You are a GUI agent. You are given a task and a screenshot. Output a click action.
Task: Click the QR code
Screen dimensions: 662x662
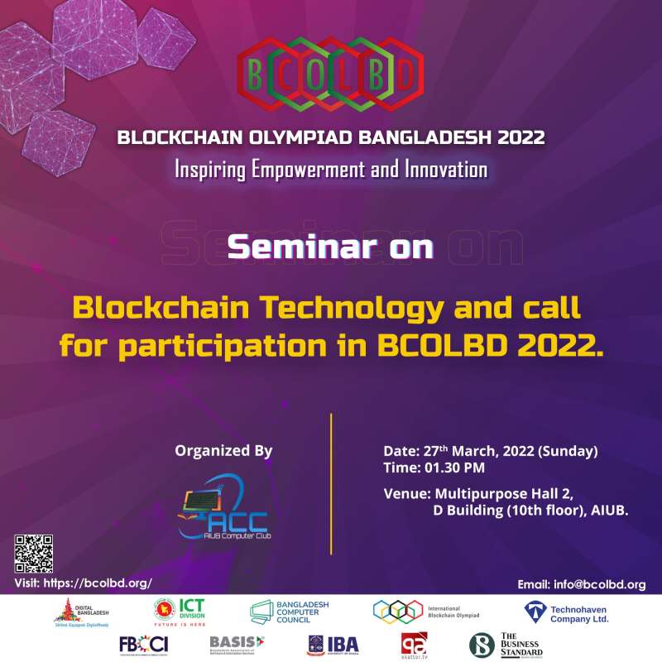click(x=33, y=554)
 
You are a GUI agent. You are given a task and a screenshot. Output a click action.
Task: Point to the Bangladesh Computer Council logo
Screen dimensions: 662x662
click(x=290, y=613)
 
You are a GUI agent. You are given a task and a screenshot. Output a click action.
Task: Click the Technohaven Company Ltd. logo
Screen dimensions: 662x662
click(x=566, y=613)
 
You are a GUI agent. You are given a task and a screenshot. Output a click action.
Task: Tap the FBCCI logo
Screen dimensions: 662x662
click(x=142, y=644)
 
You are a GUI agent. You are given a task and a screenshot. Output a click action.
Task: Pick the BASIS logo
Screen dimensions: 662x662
click(x=237, y=643)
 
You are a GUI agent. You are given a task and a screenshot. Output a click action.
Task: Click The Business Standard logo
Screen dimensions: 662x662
click(x=506, y=644)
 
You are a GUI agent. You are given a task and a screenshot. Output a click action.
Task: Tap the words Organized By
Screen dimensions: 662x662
click(x=223, y=451)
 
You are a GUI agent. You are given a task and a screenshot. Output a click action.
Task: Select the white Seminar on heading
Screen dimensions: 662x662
click(x=330, y=247)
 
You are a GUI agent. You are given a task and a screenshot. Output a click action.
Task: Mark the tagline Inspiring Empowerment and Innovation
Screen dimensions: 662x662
click(x=330, y=170)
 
